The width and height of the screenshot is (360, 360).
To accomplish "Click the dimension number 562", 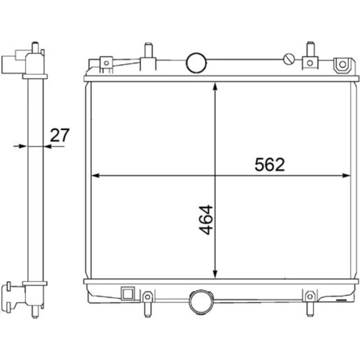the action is (x=270, y=165).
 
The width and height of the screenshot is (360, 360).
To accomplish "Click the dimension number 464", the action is (x=206, y=220).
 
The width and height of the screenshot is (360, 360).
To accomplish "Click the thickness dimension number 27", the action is (x=60, y=135).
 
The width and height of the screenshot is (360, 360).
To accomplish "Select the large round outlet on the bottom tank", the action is (x=201, y=301).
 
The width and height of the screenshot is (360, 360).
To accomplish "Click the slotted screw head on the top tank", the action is (x=289, y=59).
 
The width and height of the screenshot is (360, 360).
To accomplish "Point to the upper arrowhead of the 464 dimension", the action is (x=215, y=87).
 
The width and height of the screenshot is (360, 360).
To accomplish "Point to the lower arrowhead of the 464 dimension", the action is (x=215, y=274).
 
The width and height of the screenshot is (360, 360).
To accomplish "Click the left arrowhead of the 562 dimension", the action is (x=95, y=176).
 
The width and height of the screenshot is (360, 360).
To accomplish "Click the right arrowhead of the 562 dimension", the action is (x=346, y=176).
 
